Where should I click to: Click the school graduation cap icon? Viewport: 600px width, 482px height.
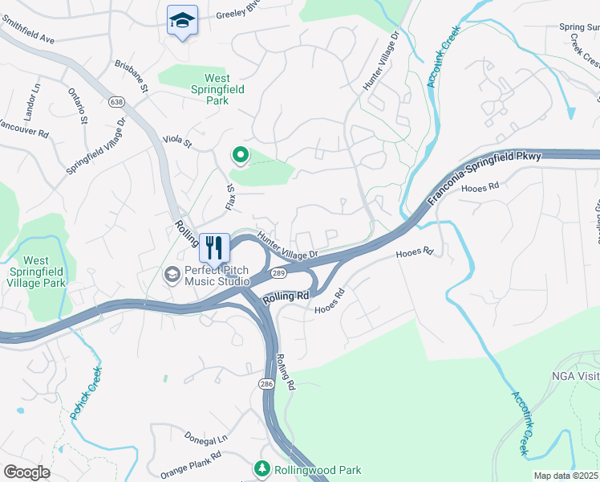click(182, 20)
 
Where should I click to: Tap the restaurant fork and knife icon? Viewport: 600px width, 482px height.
click(214, 247)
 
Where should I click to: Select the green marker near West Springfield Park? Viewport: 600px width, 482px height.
click(238, 153)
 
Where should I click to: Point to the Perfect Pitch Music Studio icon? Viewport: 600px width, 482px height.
click(172, 276)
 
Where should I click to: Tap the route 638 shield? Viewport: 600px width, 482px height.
click(117, 101)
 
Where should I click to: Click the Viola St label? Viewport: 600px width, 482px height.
click(178, 142)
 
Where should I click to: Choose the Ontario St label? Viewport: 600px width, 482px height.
click(77, 105)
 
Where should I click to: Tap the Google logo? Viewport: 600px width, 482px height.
click(26, 472)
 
